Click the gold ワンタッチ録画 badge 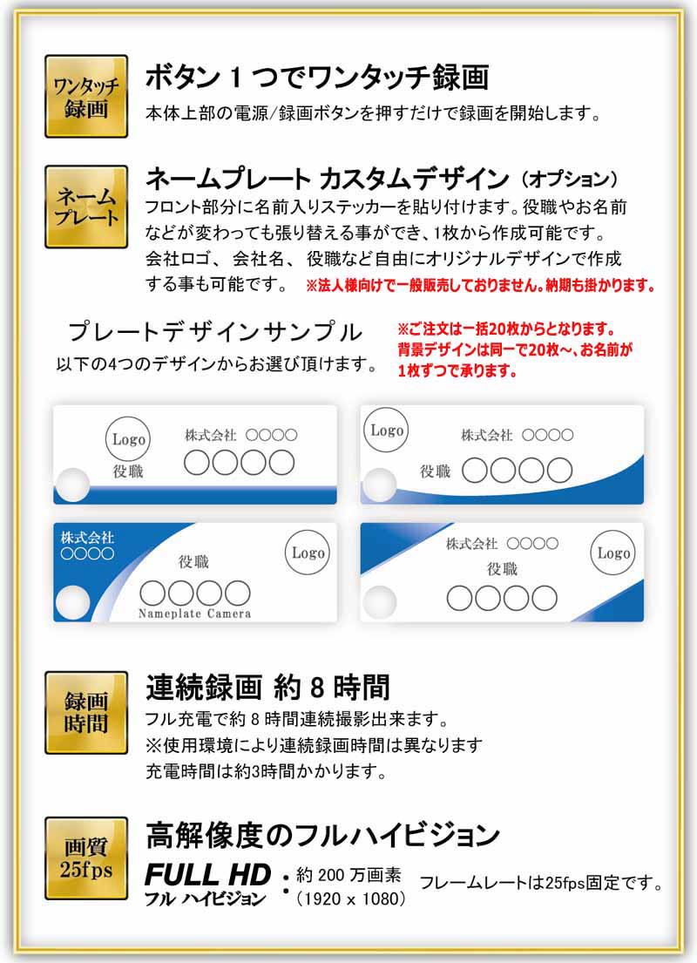coord(86,97)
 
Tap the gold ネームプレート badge coord(86,207)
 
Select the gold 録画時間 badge coord(86,712)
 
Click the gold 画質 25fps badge coord(86,858)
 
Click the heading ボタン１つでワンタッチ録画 coord(317,78)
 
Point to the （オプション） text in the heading coord(569,180)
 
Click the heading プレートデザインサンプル coord(215,332)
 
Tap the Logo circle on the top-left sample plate coord(128,439)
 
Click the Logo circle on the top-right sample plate coord(386,430)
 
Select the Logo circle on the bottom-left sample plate coord(308,553)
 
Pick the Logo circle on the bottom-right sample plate coord(613,553)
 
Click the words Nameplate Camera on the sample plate coord(194,614)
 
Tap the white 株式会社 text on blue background coord(87,538)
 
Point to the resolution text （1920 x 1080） coord(351,899)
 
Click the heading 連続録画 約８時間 coord(267,688)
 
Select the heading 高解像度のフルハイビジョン coord(323,835)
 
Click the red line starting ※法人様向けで coord(481,286)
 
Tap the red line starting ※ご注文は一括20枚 coord(506,329)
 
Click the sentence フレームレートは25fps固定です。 coord(541,883)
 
